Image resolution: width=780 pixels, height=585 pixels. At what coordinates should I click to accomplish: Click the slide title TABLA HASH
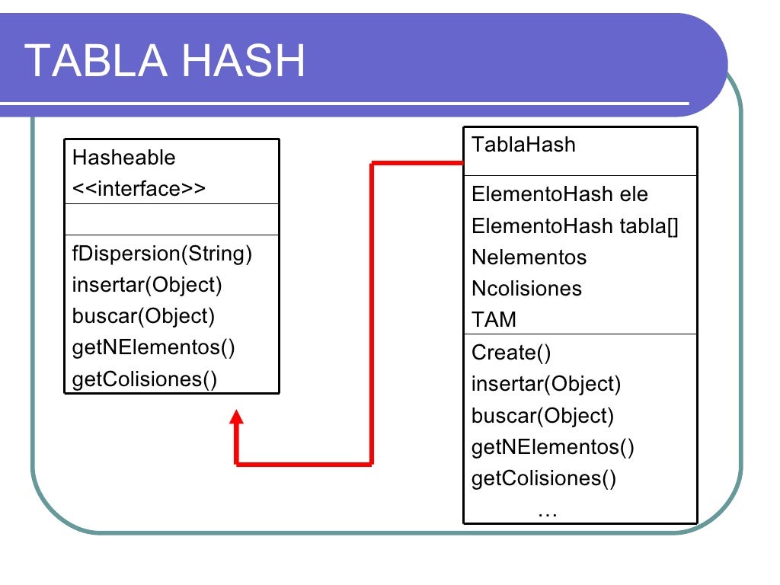[x=165, y=61]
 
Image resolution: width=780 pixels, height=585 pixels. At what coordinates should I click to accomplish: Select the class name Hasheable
[x=123, y=158]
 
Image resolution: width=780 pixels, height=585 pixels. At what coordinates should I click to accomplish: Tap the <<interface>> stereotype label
[x=139, y=189]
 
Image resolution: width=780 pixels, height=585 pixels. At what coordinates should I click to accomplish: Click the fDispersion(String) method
[x=161, y=253]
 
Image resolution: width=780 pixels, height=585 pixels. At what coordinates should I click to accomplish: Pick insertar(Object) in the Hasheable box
[x=147, y=285]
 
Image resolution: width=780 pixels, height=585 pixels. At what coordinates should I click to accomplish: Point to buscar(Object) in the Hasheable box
[x=143, y=316]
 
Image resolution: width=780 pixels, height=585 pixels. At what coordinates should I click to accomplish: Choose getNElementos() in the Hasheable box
[x=153, y=347]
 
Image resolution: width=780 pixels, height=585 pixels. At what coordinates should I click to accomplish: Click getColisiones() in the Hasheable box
[x=145, y=379]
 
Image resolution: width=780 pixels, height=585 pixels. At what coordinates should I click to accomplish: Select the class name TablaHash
[x=523, y=144]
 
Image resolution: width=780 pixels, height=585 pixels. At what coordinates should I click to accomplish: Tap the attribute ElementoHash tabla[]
[x=574, y=226]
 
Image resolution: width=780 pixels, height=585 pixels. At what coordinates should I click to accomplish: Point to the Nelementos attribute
[x=529, y=257]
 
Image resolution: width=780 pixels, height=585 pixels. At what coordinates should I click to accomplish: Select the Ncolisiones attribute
[x=526, y=289]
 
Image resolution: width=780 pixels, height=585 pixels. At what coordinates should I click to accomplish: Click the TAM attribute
[x=494, y=320]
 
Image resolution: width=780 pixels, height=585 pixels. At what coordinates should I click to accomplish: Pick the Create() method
[x=511, y=353]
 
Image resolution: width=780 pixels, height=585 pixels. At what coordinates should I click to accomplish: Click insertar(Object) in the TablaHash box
[x=546, y=384]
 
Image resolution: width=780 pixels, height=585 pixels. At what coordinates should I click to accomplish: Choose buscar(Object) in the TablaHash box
[x=542, y=415]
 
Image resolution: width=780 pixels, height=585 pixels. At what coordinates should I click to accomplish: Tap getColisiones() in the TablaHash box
[x=544, y=478]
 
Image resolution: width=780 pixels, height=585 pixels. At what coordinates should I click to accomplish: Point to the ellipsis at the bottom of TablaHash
[x=547, y=512]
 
